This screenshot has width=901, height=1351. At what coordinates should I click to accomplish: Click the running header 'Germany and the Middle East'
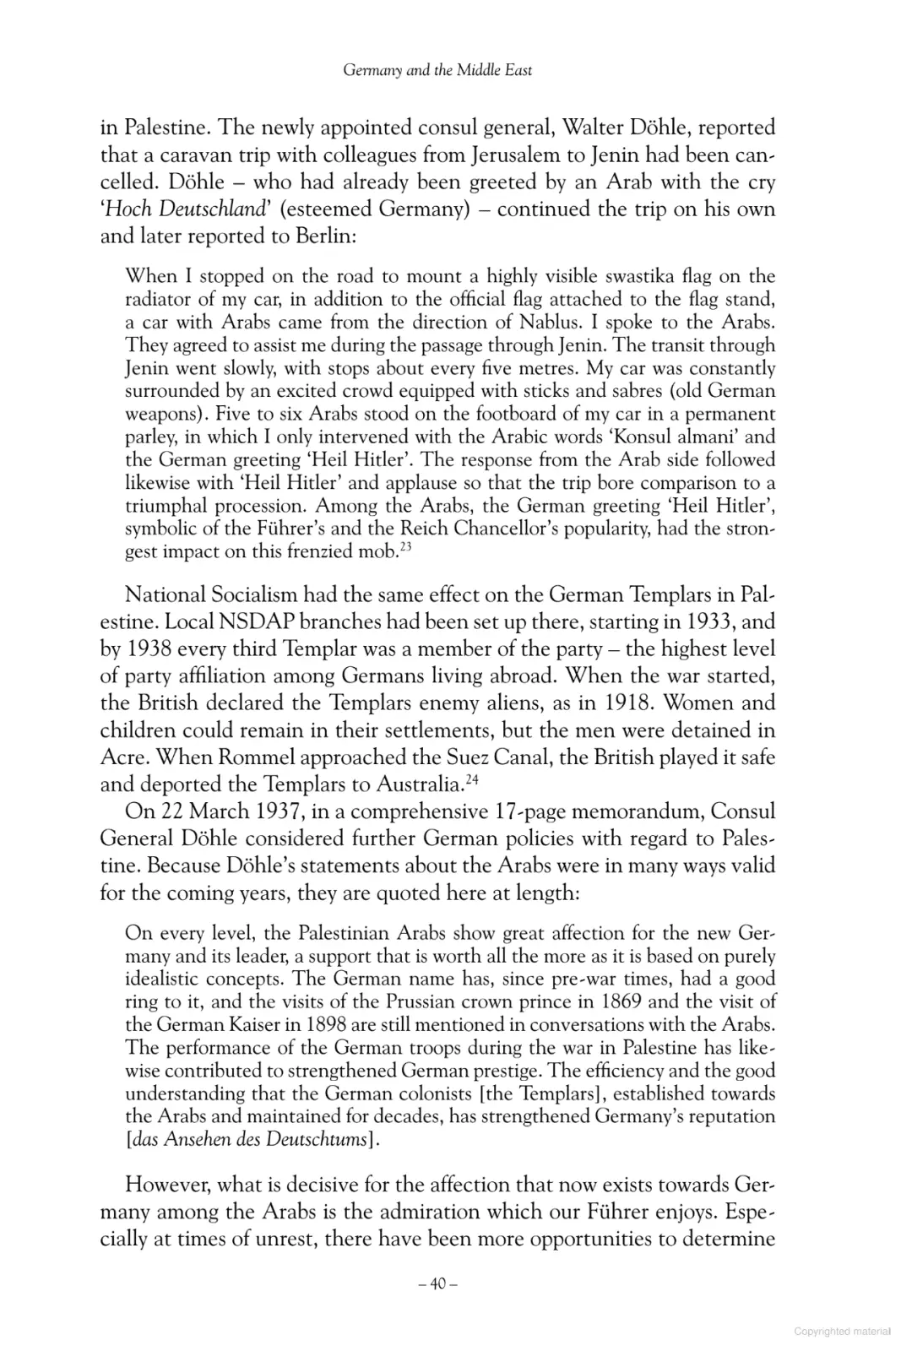tap(437, 71)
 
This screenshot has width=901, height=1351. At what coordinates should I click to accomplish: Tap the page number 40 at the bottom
tap(437, 1284)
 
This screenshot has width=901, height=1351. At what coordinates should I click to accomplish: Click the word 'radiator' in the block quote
tap(158, 299)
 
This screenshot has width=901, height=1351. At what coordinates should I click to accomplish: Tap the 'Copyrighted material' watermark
tap(842, 1332)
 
